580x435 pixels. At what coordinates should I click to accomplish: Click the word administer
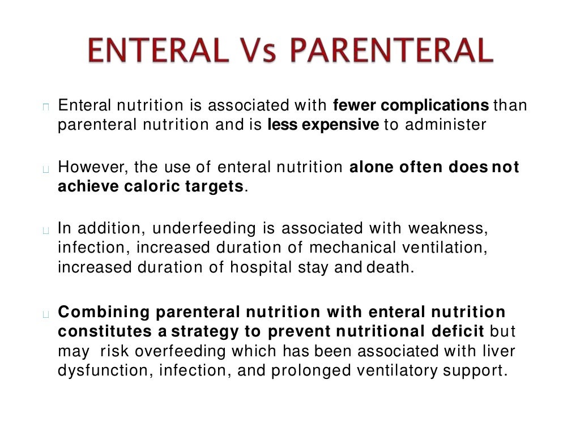pyautogui.click(x=445, y=125)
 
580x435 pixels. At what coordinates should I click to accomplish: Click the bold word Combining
pyautogui.click(x=104, y=312)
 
